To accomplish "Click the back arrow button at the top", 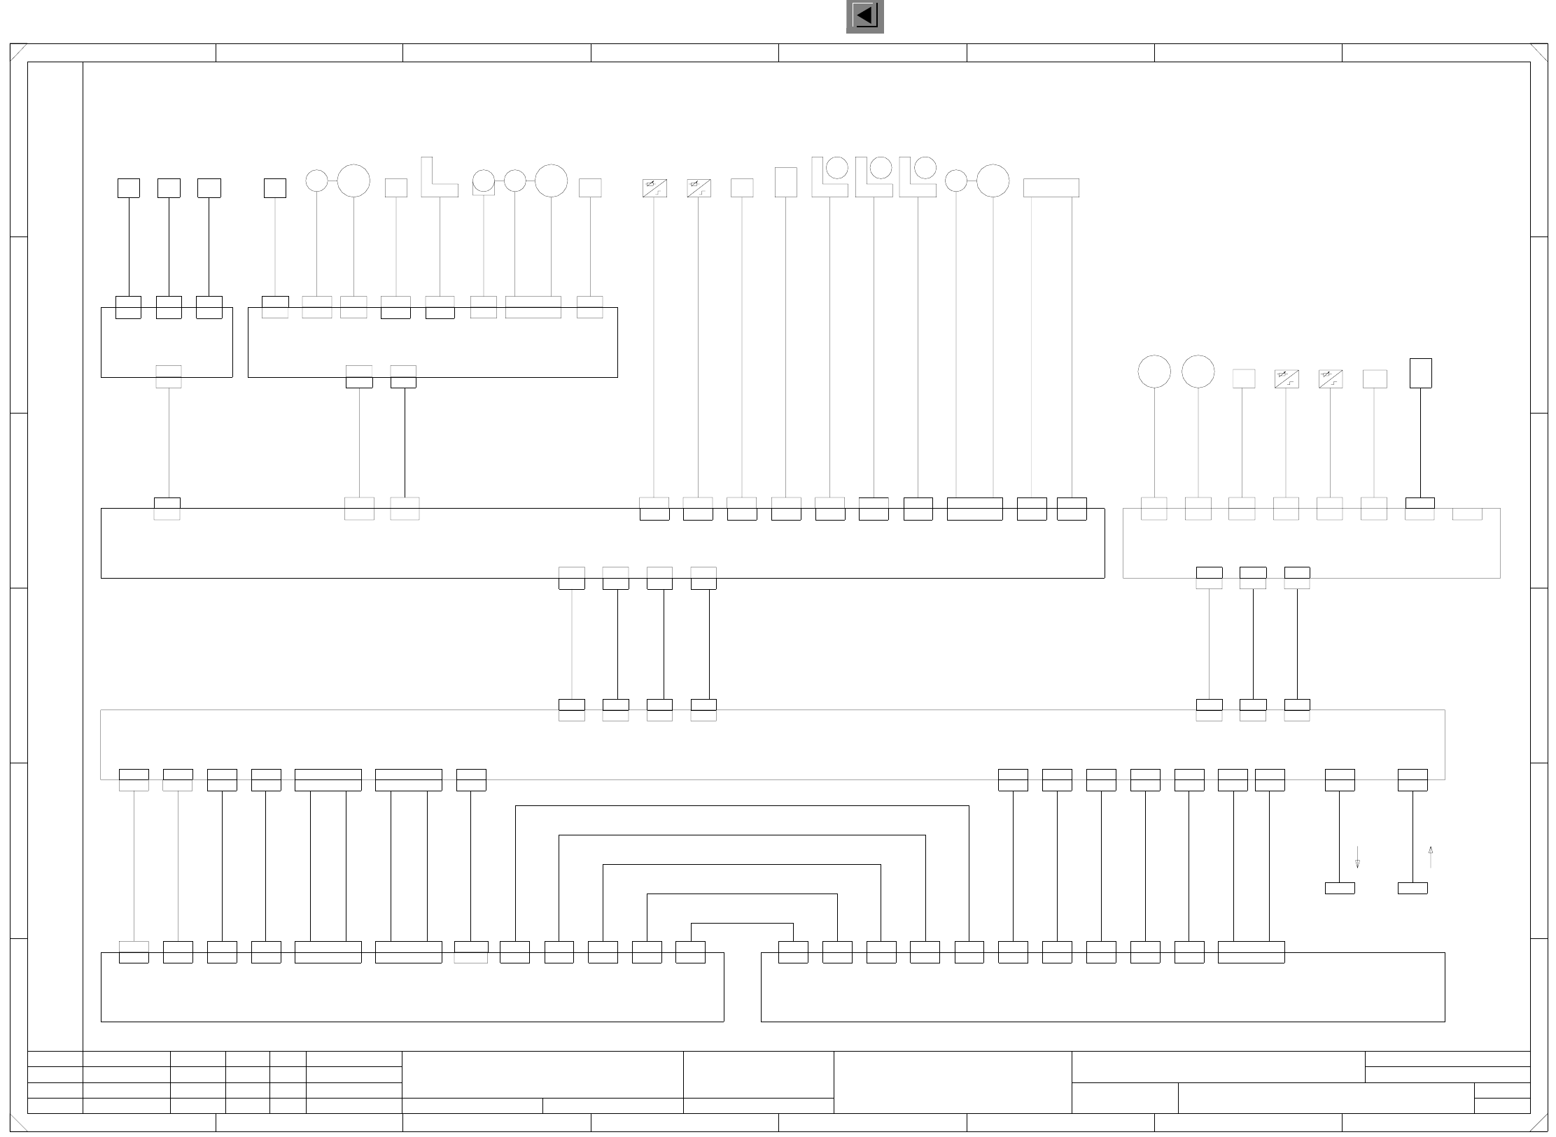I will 865,16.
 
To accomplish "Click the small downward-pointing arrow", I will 1357,857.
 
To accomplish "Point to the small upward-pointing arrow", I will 1430,857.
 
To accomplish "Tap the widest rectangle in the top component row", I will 1051,188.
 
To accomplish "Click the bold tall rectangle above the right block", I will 1420,373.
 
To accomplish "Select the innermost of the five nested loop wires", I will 742,924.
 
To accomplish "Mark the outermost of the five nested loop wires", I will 742,806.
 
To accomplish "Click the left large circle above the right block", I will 1154,371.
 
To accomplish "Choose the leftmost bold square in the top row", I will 128,188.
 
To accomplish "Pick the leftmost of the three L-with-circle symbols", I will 829,177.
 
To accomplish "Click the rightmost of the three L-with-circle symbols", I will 918,177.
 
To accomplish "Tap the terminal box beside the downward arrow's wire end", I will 1340,888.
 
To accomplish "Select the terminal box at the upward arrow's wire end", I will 1413,888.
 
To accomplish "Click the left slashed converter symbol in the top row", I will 654,188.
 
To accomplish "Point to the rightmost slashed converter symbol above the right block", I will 1330,379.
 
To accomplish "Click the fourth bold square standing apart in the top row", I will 274,188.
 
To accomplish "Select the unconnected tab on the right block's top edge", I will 1467,514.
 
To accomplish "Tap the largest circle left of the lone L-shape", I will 353,181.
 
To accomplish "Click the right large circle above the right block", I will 1198,371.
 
